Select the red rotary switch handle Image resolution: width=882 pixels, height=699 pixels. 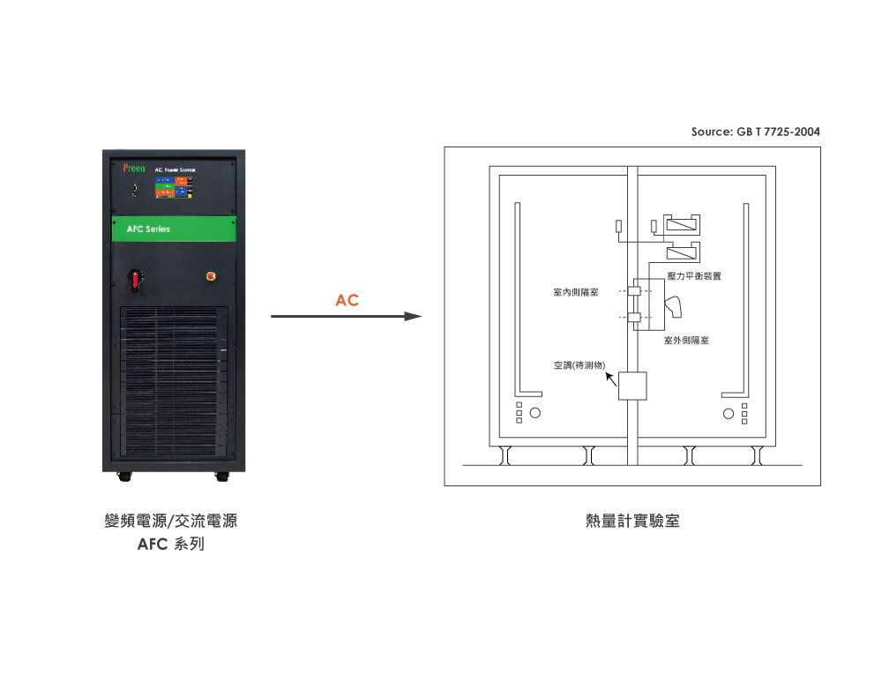coord(136,280)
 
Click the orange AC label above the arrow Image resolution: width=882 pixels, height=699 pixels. coord(347,301)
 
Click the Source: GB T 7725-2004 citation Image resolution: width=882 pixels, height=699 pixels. coord(755,132)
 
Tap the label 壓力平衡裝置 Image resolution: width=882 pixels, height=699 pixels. coord(694,276)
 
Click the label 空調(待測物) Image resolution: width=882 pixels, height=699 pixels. coord(579,365)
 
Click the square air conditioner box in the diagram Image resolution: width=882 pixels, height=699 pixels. coord(632,387)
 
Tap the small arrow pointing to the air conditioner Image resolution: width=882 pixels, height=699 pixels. coord(610,380)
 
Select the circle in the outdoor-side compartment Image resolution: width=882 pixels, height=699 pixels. coord(728,413)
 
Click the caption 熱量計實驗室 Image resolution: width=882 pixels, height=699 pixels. coord(632,522)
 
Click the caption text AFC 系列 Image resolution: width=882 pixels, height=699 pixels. coord(171,545)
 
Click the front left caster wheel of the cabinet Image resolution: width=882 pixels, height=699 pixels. coord(123,477)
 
